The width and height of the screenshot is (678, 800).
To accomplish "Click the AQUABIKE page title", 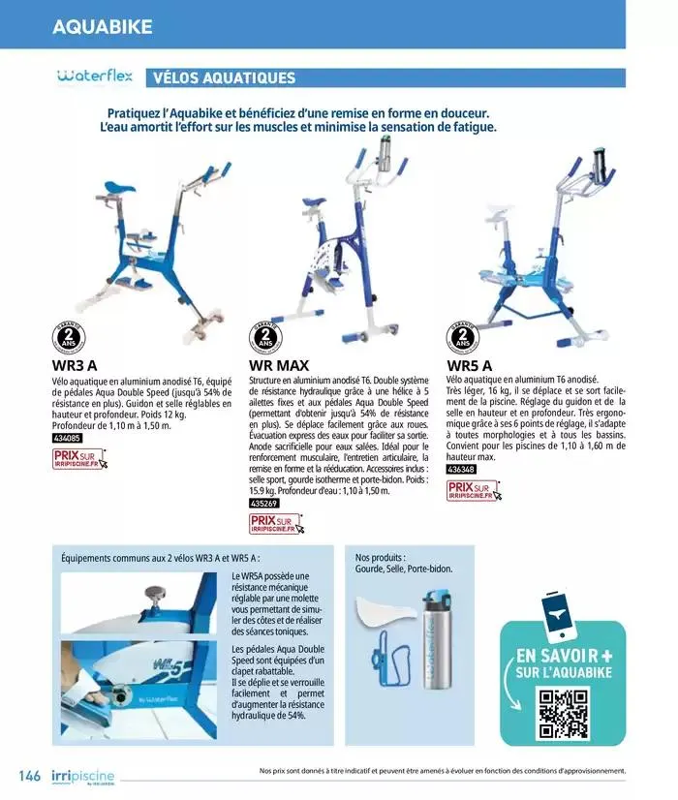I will tap(103, 26).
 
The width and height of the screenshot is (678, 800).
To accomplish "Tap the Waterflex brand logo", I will tap(94, 77).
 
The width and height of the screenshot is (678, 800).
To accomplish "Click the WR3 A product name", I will tap(75, 366).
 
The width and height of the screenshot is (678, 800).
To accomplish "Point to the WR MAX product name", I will tap(279, 366).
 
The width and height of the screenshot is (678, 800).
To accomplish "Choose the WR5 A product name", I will tap(469, 366).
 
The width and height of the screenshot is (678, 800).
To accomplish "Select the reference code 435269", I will tap(264, 505).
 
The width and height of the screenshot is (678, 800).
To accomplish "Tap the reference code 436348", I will tap(461, 470).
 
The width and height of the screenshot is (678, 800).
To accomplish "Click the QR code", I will tap(563, 713).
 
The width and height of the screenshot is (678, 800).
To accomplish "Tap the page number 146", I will tap(29, 776).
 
